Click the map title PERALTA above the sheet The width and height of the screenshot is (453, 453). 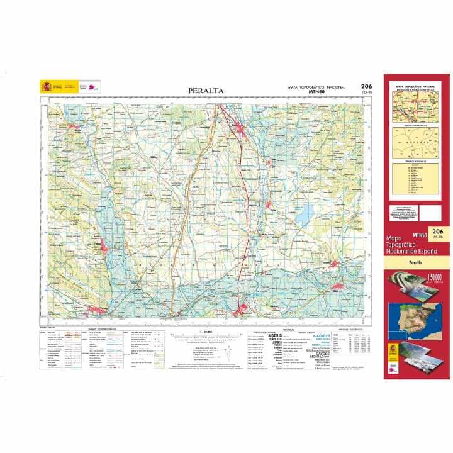point(206,91)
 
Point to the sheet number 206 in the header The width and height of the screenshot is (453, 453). point(366,87)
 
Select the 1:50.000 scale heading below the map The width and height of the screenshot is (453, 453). point(205,330)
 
